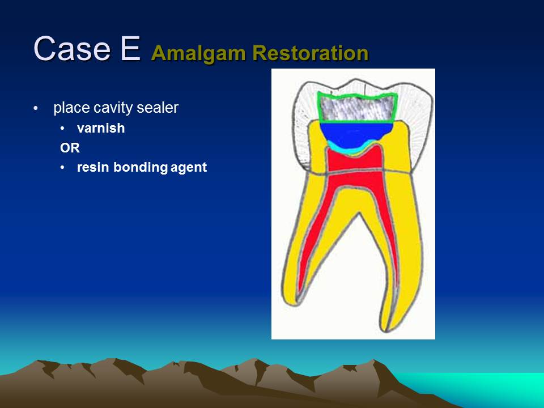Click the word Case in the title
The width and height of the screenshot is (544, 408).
tap(72, 49)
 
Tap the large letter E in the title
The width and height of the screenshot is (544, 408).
tap(130, 49)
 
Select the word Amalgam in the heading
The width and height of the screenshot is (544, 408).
tap(198, 53)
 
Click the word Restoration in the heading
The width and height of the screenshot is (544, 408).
tap(310, 53)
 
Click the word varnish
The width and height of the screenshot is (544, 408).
tap(101, 128)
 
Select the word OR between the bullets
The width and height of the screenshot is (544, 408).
tap(70, 148)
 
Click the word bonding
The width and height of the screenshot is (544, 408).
tap(141, 168)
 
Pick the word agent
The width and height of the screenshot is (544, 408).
tap(189, 168)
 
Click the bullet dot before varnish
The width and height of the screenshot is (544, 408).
tap(62, 129)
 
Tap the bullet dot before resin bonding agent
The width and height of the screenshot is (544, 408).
tap(62, 168)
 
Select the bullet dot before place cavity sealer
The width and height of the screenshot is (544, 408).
tap(36, 109)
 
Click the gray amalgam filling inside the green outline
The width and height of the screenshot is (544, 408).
tap(357, 109)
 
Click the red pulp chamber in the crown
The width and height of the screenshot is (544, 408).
tap(354, 160)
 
